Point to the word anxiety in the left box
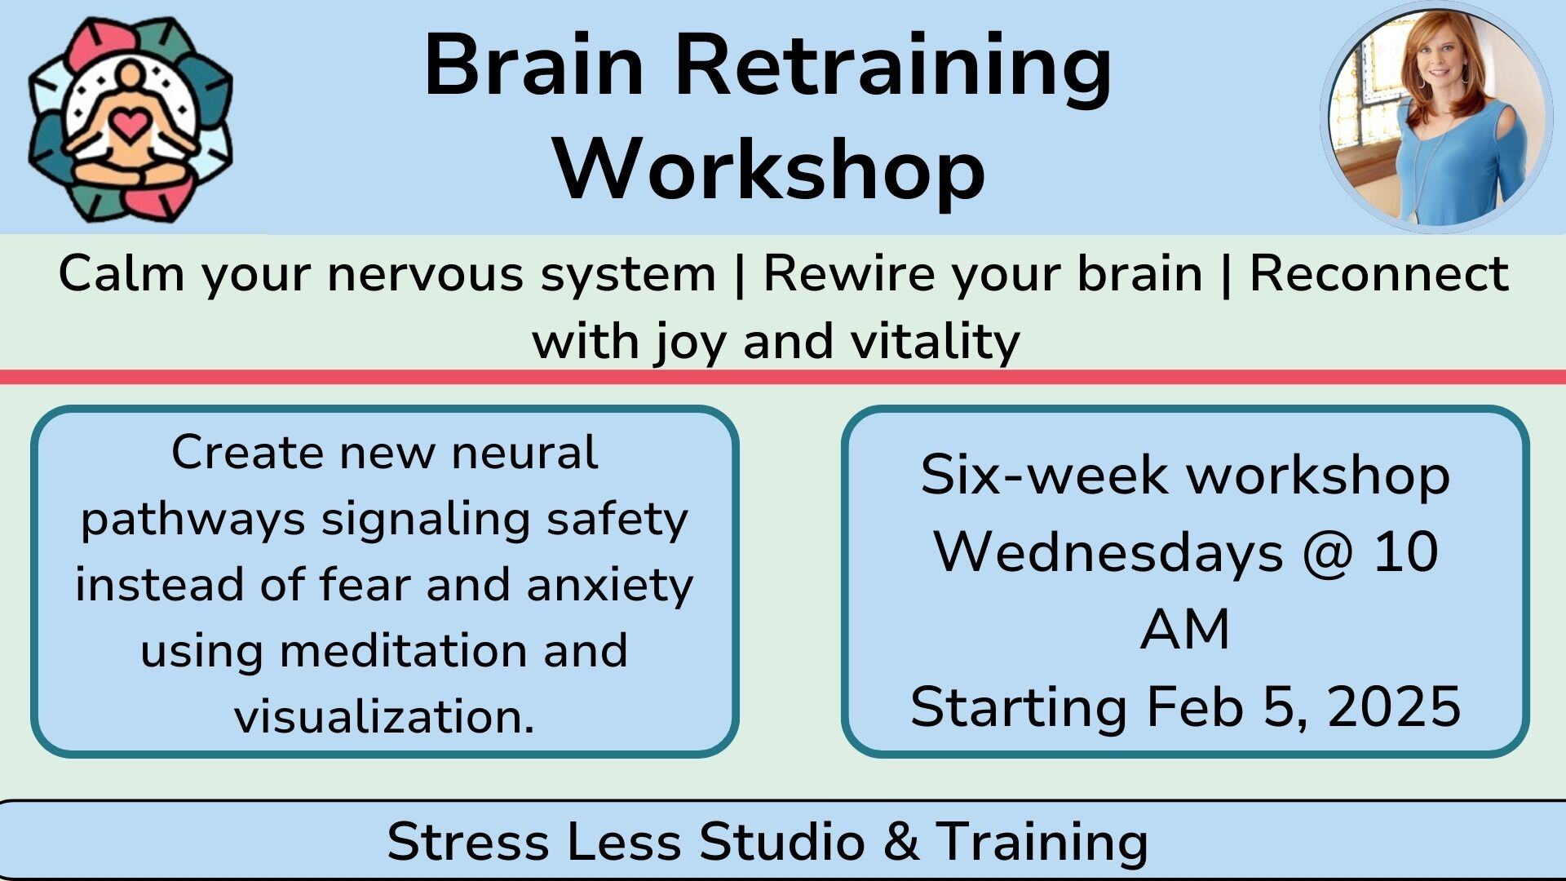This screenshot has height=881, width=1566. tap(610, 586)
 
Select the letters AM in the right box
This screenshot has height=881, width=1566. tap(1185, 630)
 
